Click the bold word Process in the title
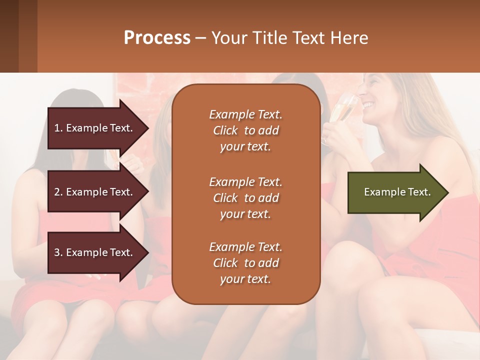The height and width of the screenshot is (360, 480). [157, 38]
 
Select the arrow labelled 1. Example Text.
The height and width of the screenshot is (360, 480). [95, 128]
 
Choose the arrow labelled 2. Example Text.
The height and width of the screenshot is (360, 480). [95, 192]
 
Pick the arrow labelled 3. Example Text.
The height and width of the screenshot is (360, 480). [95, 252]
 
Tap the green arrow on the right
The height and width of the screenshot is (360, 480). [395, 192]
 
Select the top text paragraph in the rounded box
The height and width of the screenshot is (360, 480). [245, 130]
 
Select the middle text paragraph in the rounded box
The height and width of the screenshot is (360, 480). [245, 198]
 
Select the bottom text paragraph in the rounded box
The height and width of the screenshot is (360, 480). [245, 263]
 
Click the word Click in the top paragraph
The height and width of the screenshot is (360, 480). [225, 130]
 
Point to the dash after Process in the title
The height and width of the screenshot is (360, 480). [200, 38]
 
